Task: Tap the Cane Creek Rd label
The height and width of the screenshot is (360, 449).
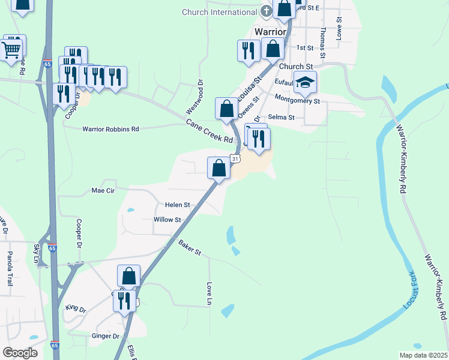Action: [x=209, y=131]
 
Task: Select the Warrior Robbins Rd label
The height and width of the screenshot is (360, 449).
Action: [x=110, y=129]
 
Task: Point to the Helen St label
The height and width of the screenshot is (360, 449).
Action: [x=177, y=205]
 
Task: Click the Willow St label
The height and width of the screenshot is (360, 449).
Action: [x=167, y=220]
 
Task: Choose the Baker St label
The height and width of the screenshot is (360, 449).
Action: [x=189, y=247]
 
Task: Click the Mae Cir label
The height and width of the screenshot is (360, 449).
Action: [x=102, y=190]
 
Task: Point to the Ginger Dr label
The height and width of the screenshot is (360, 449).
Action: [x=106, y=336]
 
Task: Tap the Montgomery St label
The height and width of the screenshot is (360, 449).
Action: [x=298, y=100]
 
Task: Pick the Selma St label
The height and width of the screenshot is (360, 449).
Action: [x=281, y=118]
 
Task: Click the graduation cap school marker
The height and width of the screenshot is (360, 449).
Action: [x=305, y=83]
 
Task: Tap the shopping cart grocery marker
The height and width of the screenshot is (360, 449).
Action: [x=12, y=53]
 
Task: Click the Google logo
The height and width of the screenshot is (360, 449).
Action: [x=20, y=353]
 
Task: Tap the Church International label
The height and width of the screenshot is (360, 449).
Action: [x=220, y=12]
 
